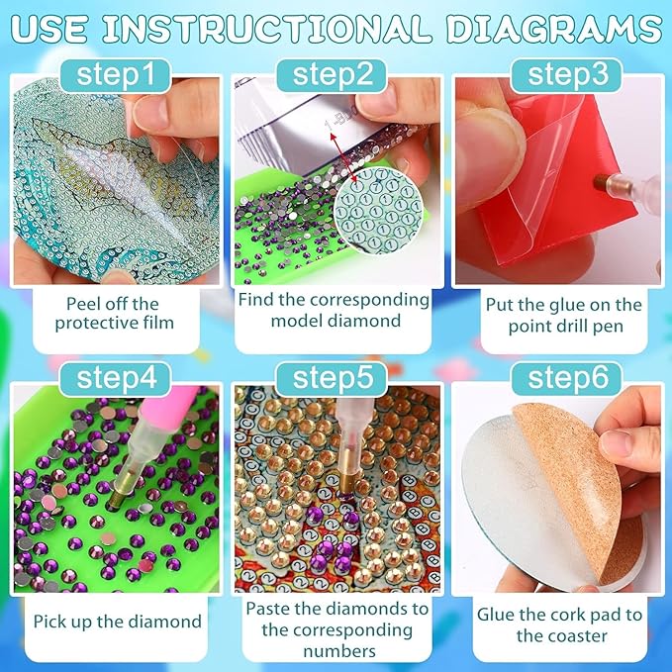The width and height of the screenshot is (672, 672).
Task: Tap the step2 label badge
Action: tap(336, 74)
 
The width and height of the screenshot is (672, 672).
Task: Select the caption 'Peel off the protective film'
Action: tap(112, 314)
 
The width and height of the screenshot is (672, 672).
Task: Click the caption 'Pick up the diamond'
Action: tap(117, 622)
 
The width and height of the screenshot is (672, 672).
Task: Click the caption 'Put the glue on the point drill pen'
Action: tap(559, 316)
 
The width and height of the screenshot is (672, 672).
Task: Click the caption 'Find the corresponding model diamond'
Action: tap(337, 310)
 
